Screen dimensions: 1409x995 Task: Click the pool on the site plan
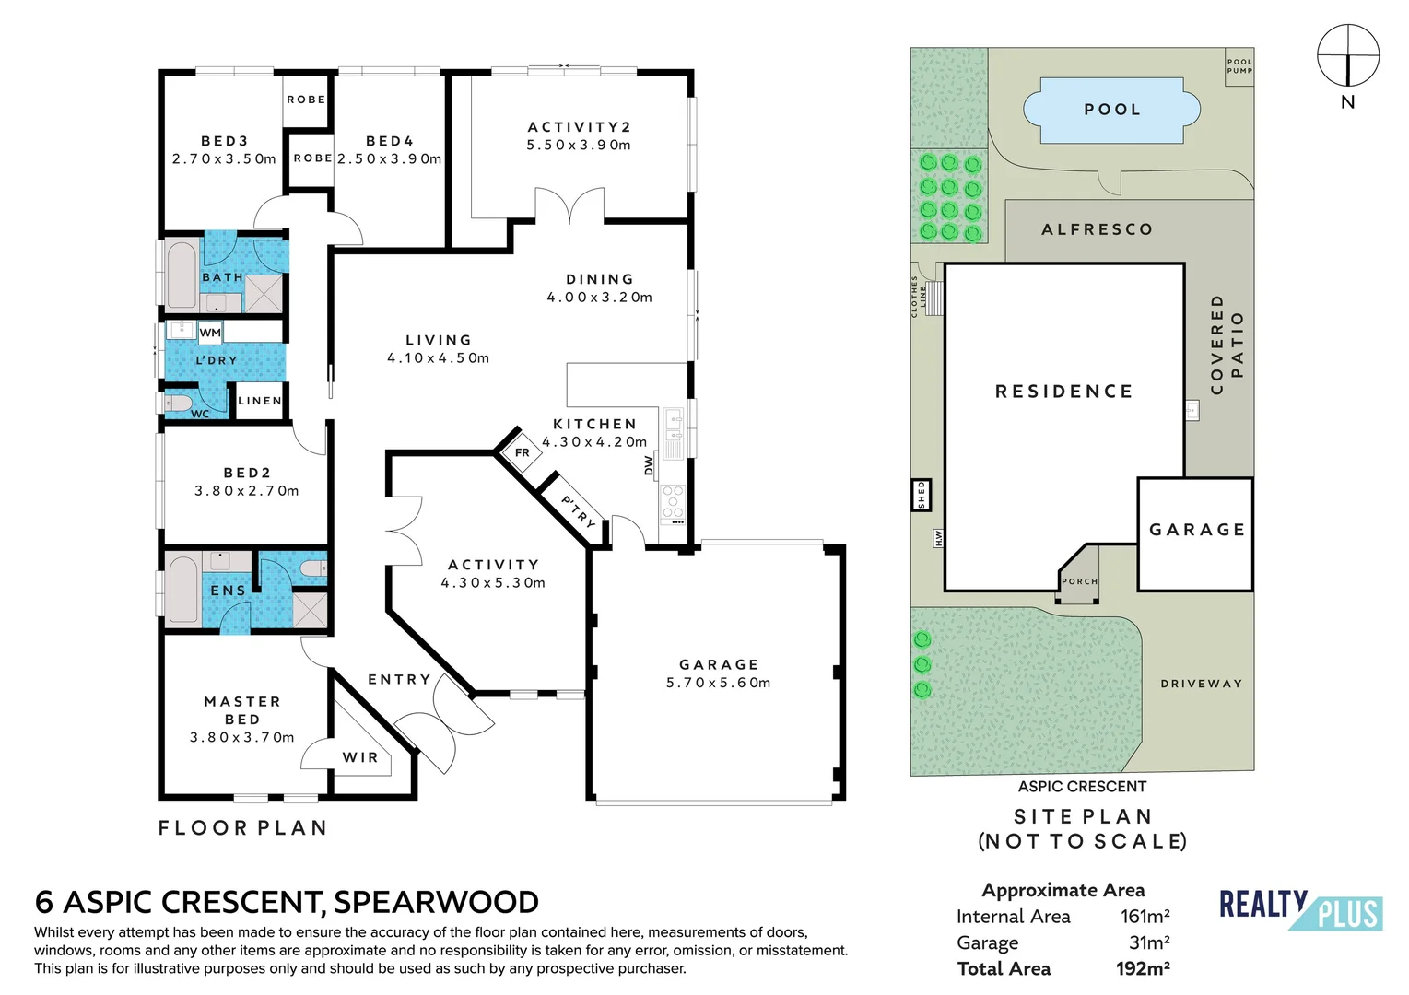pos(1111,110)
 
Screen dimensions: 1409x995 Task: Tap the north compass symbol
pos(1348,55)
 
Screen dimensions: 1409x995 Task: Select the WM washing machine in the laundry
pos(210,332)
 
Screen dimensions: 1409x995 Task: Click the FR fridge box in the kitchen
pos(522,452)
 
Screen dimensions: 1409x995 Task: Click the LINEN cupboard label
pos(260,401)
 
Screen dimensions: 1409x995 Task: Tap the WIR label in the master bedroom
pos(360,757)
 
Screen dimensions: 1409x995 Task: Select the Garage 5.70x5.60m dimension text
pos(719,683)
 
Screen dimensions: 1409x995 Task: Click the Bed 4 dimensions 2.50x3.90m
pos(390,158)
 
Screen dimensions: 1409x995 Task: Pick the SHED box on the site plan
pos(922,495)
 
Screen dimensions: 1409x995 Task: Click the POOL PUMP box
pos(1239,66)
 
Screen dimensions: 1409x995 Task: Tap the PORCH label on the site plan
pos(1079,581)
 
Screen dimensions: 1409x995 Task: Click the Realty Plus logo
pos(1301,909)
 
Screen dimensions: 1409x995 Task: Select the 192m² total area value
pos(1143,968)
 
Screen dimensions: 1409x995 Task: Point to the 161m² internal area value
pos(1145,917)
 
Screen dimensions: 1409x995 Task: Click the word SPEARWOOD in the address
pos(437,902)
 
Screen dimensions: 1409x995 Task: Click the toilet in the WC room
pos(177,403)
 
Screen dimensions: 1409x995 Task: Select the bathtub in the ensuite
pos(183,590)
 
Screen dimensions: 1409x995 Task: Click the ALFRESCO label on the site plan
pos(1097,229)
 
